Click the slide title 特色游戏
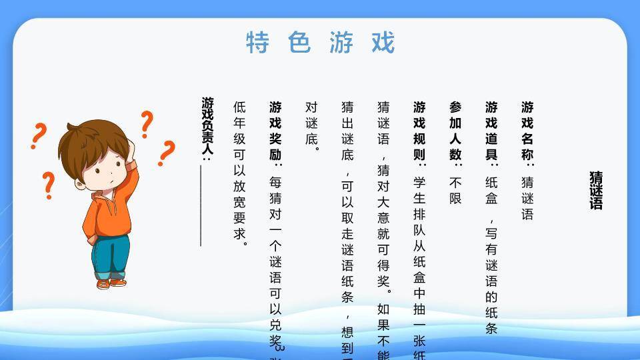click(320, 42)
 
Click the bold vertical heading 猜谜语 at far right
click(595, 190)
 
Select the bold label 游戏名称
click(527, 129)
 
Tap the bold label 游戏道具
click(491, 129)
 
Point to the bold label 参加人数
click(455, 129)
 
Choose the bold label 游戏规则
click(419, 129)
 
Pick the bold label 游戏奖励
click(275, 129)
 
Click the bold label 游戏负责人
click(207, 127)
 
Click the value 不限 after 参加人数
click(455, 190)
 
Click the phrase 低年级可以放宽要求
click(239, 173)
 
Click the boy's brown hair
click(87, 137)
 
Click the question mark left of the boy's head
click(39, 135)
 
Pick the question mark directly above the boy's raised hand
click(146, 124)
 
